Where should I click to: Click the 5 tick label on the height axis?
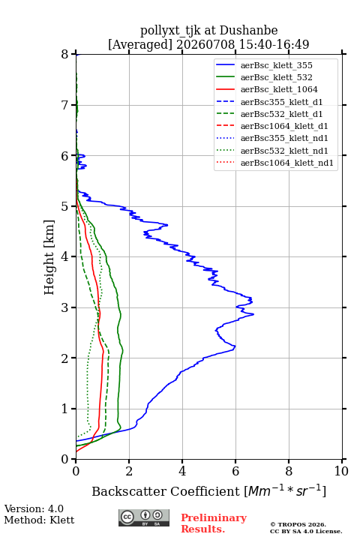pos(65,206)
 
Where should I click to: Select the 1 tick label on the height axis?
pos(65,409)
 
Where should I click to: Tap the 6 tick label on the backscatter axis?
pos(235,471)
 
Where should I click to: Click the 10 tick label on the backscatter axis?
pos(341,471)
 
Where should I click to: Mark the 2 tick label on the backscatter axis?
pos(129,471)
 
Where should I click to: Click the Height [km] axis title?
pos(49,257)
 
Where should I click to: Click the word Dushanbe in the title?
pos(248,31)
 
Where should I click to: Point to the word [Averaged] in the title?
pos(139,44)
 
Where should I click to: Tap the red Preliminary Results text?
pos(214,523)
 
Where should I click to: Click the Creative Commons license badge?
pos(144,517)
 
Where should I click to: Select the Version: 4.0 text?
pos(34,508)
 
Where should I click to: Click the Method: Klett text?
pos(39,520)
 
